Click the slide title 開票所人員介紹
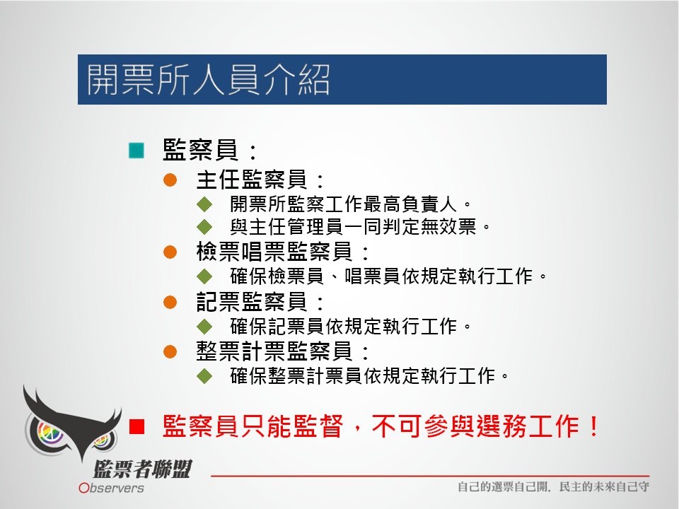[208, 80]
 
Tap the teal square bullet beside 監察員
[137, 150]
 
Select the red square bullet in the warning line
[137, 426]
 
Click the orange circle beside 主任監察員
[170, 180]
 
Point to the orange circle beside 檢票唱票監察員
[170, 252]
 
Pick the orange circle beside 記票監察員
[170, 302]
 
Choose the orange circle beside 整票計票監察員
[170, 351]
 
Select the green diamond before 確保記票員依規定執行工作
[204, 327]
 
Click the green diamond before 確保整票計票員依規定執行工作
[204, 375]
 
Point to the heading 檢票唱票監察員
[274, 252]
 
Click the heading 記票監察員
[252, 302]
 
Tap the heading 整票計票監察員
[274, 351]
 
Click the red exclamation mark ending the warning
[593, 426]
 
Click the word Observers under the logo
[111, 488]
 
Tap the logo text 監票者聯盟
[142, 469]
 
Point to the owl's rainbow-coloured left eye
[50, 433]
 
